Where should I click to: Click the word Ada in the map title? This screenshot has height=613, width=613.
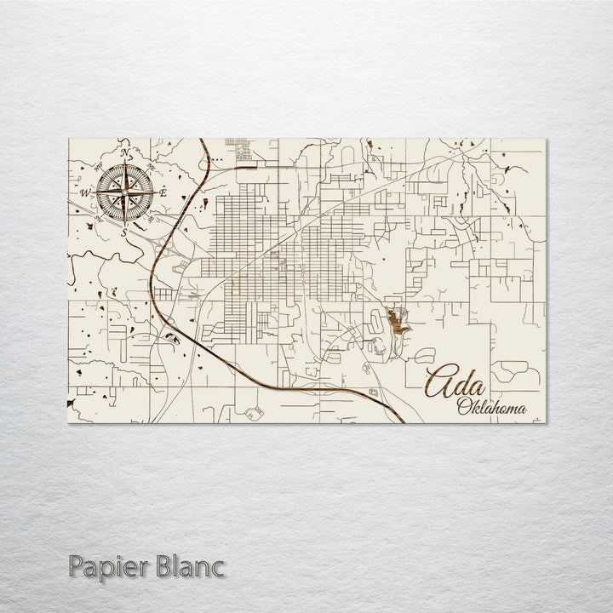tap(455, 383)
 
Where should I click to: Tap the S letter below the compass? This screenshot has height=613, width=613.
tap(124, 232)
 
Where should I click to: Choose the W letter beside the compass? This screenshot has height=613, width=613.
tap(85, 193)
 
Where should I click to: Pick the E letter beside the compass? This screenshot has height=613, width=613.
tap(163, 193)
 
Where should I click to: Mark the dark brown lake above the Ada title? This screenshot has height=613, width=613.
tap(396, 322)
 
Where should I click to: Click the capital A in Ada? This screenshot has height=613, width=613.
tap(441, 383)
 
